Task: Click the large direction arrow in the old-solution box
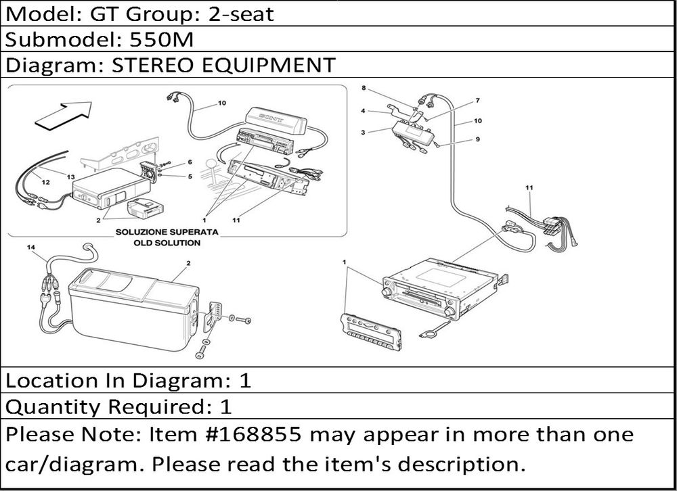(64, 115)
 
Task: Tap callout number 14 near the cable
(30, 248)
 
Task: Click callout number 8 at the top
(364, 88)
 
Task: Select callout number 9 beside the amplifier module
(477, 139)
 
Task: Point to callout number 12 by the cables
(45, 182)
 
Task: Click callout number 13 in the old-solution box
(71, 177)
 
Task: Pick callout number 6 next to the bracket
(190, 162)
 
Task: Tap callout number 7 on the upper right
(477, 101)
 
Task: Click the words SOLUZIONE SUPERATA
(167, 232)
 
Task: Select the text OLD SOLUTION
(167, 243)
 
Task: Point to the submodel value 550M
(162, 39)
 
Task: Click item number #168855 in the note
(255, 434)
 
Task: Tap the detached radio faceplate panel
(371, 332)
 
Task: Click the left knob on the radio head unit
(386, 291)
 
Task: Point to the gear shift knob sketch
(211, 164)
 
